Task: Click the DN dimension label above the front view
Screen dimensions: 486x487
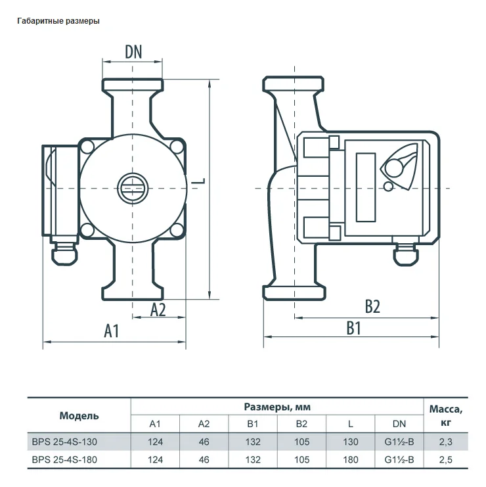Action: coord(133,52)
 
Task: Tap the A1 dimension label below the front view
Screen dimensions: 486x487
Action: coord(112,331)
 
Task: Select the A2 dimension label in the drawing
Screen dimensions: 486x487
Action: coord(158,310)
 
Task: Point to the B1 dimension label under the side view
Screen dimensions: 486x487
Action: coord(353,328)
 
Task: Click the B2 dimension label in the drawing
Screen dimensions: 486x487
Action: coord(372,306)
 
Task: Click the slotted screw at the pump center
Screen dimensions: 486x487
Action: coord(133,189)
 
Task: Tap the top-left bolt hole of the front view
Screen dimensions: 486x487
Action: coord(87,147)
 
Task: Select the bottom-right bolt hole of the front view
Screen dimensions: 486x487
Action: coord(177,230)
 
